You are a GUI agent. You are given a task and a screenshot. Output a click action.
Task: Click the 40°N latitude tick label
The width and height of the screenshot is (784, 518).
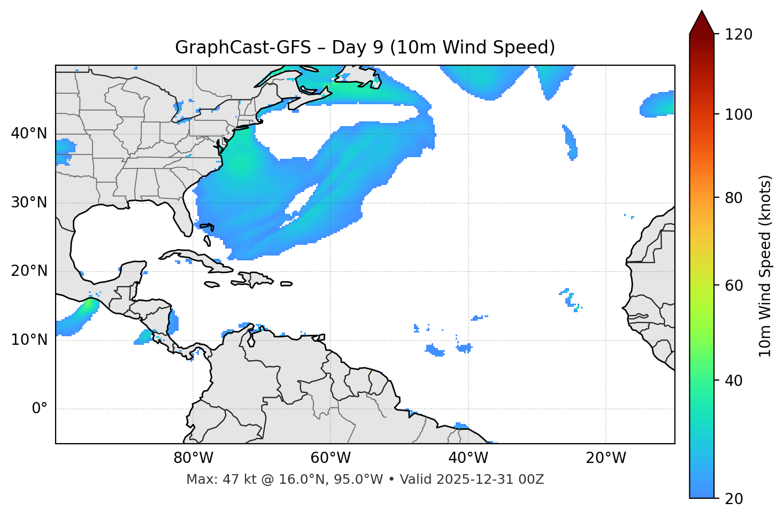point(29,134)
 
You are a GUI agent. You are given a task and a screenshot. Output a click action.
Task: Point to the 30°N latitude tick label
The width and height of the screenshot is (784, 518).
point(29,203)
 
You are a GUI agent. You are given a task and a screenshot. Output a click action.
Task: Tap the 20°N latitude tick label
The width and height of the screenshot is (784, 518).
point(29,271)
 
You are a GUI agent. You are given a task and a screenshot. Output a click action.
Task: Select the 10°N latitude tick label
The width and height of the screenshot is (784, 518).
point(29,340)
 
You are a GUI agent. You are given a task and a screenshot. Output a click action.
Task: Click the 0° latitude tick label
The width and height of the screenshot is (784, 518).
point(40,409)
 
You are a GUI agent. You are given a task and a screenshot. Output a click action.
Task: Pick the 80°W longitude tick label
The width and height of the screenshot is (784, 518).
point(193,458)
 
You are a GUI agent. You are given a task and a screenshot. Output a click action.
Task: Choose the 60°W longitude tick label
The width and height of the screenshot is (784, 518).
point(330,458)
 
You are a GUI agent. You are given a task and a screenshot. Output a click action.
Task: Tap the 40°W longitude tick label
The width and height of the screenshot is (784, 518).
point(468,458)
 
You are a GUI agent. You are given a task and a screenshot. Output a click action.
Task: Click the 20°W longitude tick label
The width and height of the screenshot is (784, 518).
point(606,458)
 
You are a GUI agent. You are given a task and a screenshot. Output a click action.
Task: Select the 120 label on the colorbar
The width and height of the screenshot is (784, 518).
point(739,35)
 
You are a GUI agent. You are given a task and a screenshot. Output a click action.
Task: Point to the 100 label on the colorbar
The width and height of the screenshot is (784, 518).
point(739,114)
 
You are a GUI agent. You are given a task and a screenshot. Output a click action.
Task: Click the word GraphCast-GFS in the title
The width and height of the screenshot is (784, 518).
point(243,48)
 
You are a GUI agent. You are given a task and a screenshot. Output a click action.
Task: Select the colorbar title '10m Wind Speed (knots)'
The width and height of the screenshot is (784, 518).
point(765,266)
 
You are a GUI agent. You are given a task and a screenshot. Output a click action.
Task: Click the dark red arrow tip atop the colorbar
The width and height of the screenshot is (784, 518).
point(702,21)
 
